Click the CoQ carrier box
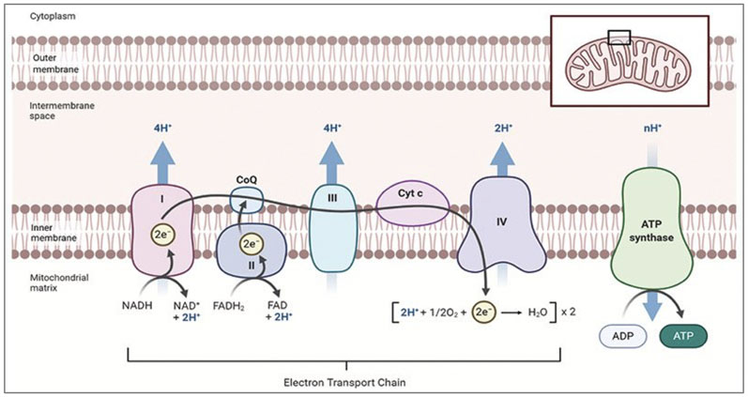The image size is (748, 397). click(x=247, y=197)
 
